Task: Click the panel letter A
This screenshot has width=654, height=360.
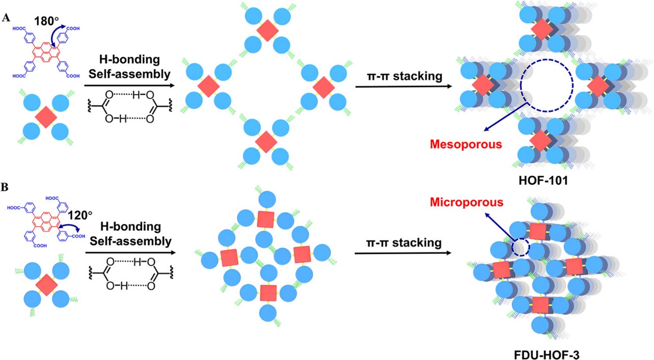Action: [x=7, y=18]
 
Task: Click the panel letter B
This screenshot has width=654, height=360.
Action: [x=6, y=187]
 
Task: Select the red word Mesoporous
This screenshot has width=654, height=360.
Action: [x=466, y=144]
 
